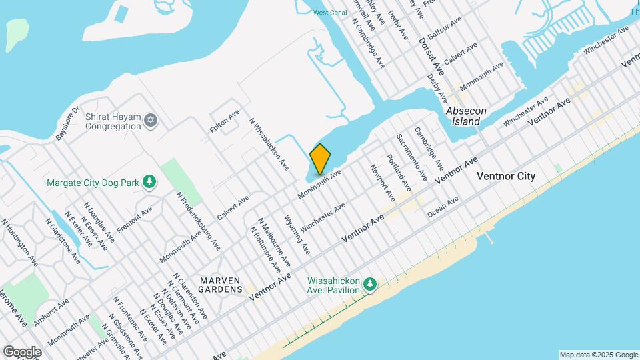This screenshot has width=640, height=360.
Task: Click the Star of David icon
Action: pos(151,120)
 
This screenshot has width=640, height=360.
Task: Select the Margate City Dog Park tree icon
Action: pos(151,181)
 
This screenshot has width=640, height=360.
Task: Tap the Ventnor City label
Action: pos(506,177)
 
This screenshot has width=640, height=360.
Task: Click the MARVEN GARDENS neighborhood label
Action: pos(220,285)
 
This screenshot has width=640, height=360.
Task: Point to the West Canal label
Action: pos(329,13)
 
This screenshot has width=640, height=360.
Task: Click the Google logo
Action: pos(22,351)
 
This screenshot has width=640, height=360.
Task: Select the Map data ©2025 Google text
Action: pos(598,355)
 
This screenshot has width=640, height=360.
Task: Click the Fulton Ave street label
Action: pos(224,122)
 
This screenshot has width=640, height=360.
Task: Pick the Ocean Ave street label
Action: pos(443,207)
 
